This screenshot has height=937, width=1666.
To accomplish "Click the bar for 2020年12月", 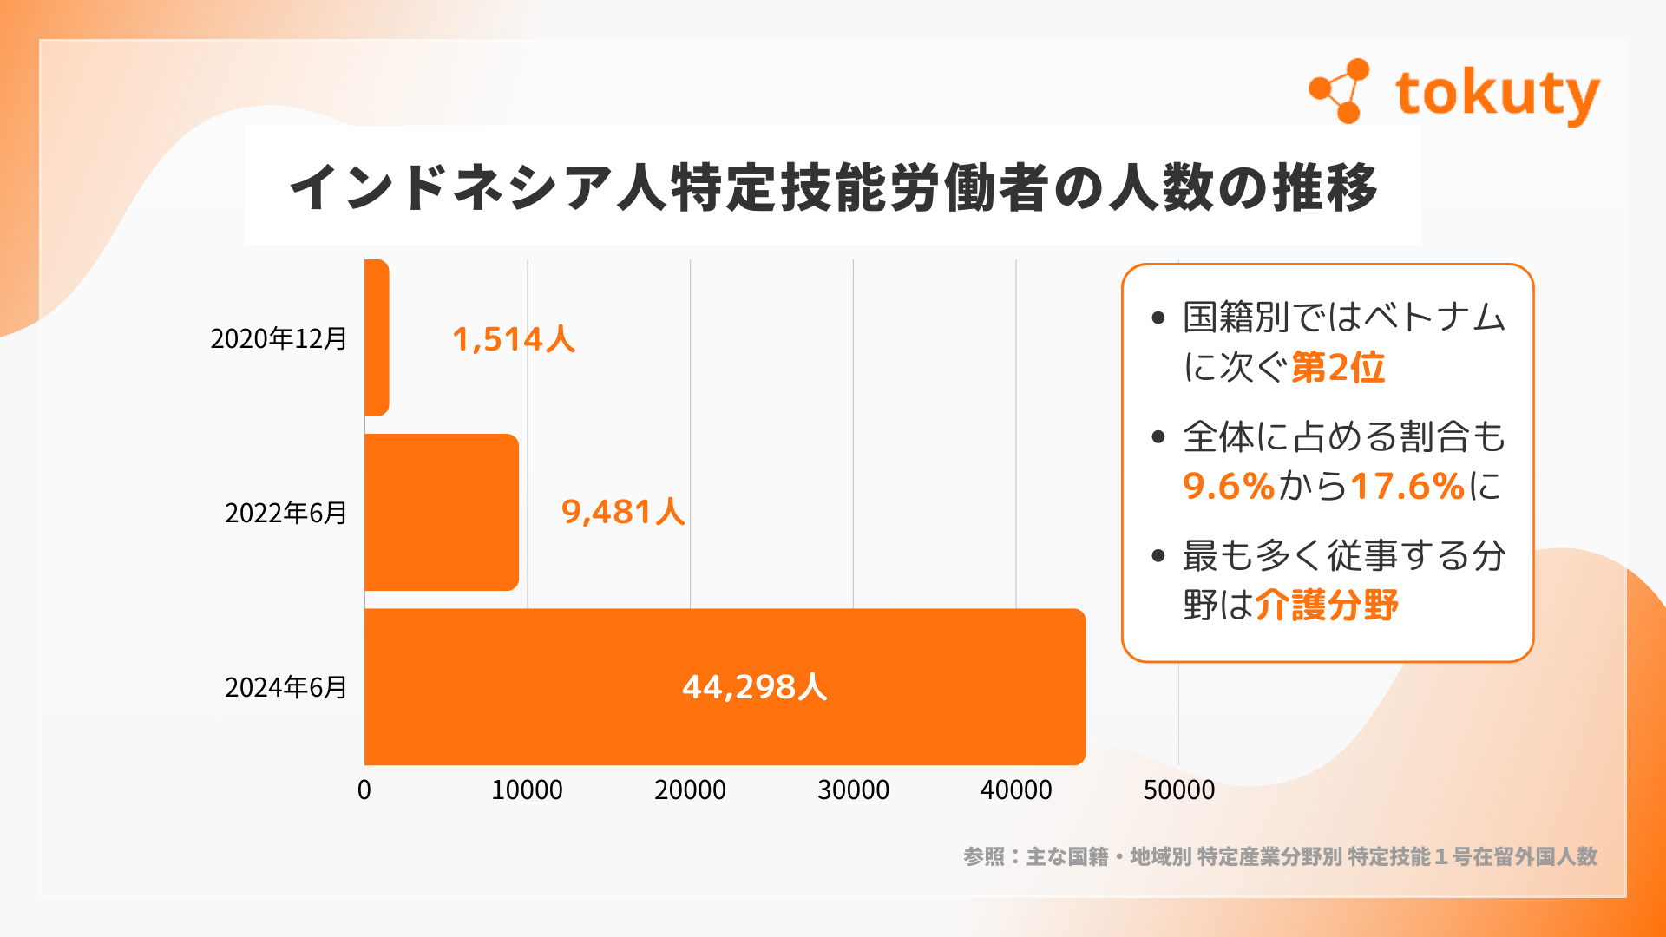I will point(377,337).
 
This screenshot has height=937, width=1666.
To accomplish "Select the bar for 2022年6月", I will point(441,512).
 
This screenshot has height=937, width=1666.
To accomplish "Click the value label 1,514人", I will point(514,339).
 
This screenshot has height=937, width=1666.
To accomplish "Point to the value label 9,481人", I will point(623,512).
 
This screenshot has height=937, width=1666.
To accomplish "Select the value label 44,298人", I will point(754,687).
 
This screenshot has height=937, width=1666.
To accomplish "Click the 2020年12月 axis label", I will point(279,338).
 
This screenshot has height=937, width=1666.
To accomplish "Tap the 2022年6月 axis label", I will point(285,513).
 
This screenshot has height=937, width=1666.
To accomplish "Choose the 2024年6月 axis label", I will point(285,687).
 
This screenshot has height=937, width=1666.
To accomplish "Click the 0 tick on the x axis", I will point(364,790).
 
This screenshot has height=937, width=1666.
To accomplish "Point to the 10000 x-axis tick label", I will point(527,790).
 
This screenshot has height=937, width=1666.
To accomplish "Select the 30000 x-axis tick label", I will point(853,790).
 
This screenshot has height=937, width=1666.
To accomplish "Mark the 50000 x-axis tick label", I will point(1178,790).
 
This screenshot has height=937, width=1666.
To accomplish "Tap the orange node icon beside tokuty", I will point(1340,91).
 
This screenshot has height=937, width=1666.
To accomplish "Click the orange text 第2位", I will point(1338,368).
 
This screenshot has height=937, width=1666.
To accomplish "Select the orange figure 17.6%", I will point(1407,486).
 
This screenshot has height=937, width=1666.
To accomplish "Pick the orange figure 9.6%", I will point(1228,486).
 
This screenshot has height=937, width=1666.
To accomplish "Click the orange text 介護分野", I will point(1327,605).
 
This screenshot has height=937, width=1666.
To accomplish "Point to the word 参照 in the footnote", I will point(983,857).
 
